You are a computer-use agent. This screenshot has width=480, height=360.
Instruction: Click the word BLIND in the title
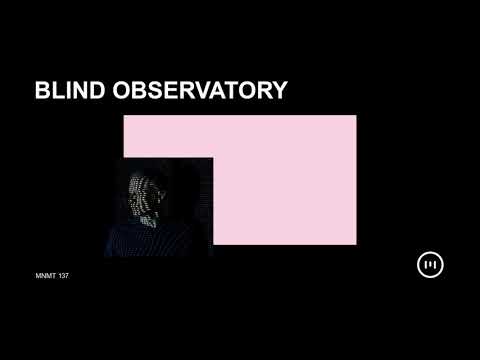point(67,91)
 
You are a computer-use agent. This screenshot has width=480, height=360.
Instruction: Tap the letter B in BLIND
point(42,91)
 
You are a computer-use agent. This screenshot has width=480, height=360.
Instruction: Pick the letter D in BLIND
point(92,91)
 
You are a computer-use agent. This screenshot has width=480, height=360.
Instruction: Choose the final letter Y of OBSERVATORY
point(279,91)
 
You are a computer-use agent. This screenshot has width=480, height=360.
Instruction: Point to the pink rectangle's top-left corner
point(124,116)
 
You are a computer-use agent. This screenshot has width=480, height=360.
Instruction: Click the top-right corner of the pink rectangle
point(356,116)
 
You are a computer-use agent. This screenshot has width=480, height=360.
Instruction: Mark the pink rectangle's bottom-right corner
point(356,244)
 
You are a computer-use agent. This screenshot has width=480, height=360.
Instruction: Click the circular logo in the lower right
point(430,265)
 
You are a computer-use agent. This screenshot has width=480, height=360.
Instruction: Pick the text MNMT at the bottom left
point(46,276)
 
